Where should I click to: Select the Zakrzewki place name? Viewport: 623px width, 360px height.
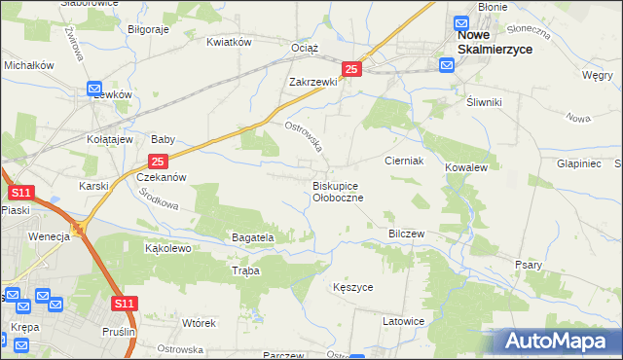pos(312,83)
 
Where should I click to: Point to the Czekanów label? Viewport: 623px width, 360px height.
pos(161,178)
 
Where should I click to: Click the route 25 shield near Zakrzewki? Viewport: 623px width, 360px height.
pos(352,69)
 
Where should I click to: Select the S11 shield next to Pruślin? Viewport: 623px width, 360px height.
pos(123,305)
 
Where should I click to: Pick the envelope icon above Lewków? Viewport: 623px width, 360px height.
pos(95,88)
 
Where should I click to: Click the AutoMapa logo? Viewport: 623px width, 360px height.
pos(560,342)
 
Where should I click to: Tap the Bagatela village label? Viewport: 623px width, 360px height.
pos(253,237)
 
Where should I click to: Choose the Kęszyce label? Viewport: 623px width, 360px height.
pos(352,288)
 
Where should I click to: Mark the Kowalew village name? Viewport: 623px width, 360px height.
pos(465,168)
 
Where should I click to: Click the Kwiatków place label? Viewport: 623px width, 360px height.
pos(230,42)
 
